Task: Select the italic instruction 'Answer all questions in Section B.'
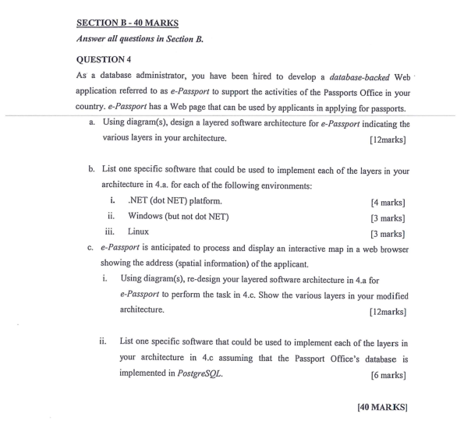coord(140,38)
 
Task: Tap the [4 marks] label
coord(388,201)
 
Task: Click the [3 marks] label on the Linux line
coord(388,232)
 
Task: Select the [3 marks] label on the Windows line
coord(388,217)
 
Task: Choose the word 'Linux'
coord(139,232)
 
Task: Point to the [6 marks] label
coord(388,374)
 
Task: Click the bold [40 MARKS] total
coord(382,407)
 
